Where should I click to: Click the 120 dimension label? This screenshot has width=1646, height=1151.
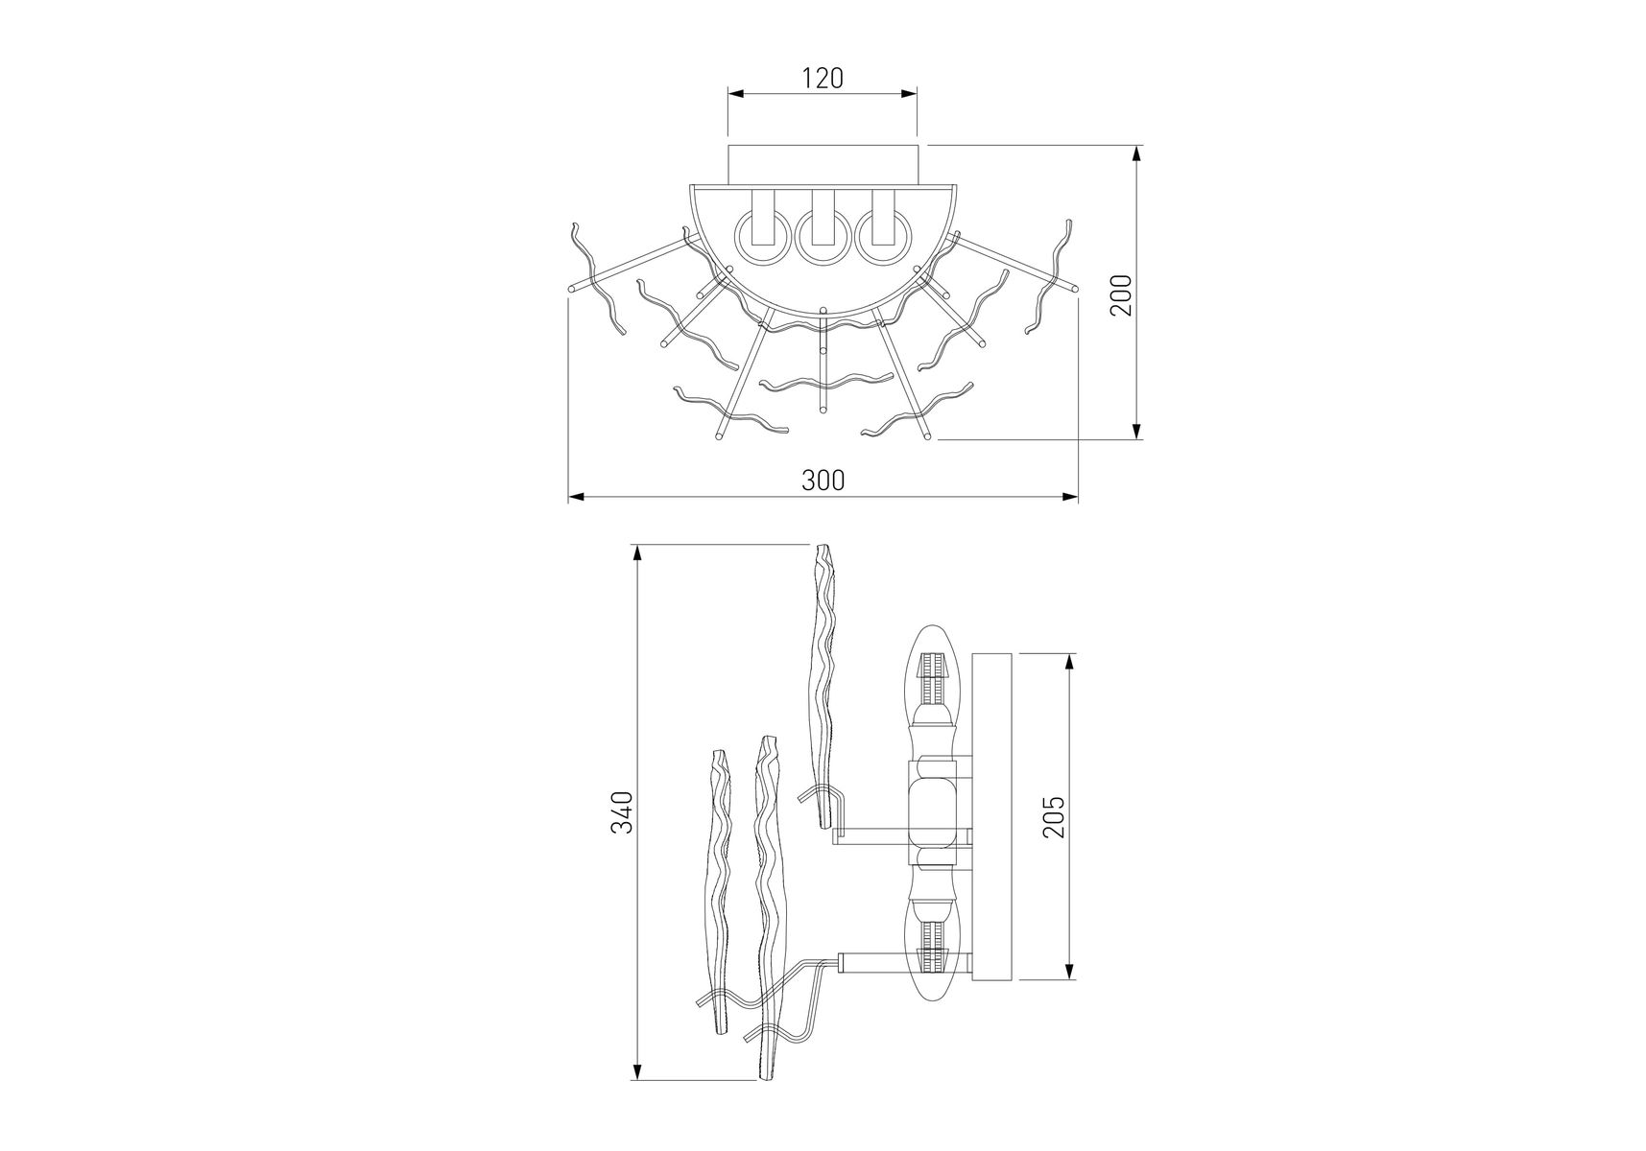point(823,78)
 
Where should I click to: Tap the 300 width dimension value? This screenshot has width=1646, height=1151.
point(823,481)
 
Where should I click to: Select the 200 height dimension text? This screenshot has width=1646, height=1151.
point(1122,294)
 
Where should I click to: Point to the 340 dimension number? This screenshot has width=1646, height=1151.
point(623,812)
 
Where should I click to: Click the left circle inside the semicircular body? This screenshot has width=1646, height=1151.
point(758,239)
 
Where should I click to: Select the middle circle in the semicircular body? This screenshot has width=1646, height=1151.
point(822,239)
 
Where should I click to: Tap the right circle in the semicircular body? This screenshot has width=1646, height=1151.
point(884,239)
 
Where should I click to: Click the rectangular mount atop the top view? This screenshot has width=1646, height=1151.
point(826,164)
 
